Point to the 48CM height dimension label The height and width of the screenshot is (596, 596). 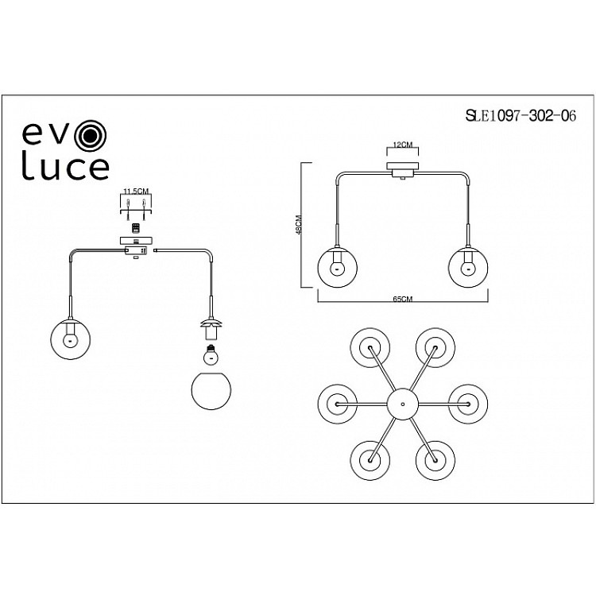pyautogui.click(x=297, y=225)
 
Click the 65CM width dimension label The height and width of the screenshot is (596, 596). pyautogui.click(x=404, y=299)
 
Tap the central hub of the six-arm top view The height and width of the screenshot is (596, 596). pyautogui.click(x=403, y=404)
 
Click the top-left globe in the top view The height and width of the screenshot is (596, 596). pyautogui.click(x=371, y=347)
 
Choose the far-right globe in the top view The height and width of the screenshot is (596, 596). pyautogui.click(x=467, y=403)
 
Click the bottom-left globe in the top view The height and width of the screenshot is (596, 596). pyautogui.click(x=371, y=459)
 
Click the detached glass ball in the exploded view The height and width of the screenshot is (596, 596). pyautogui.click(x=211, y=389)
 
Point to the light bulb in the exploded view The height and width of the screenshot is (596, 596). pyautogui.click(x=211, y=350)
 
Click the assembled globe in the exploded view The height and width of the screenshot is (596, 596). pyautogui.click(x=70, y=337)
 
